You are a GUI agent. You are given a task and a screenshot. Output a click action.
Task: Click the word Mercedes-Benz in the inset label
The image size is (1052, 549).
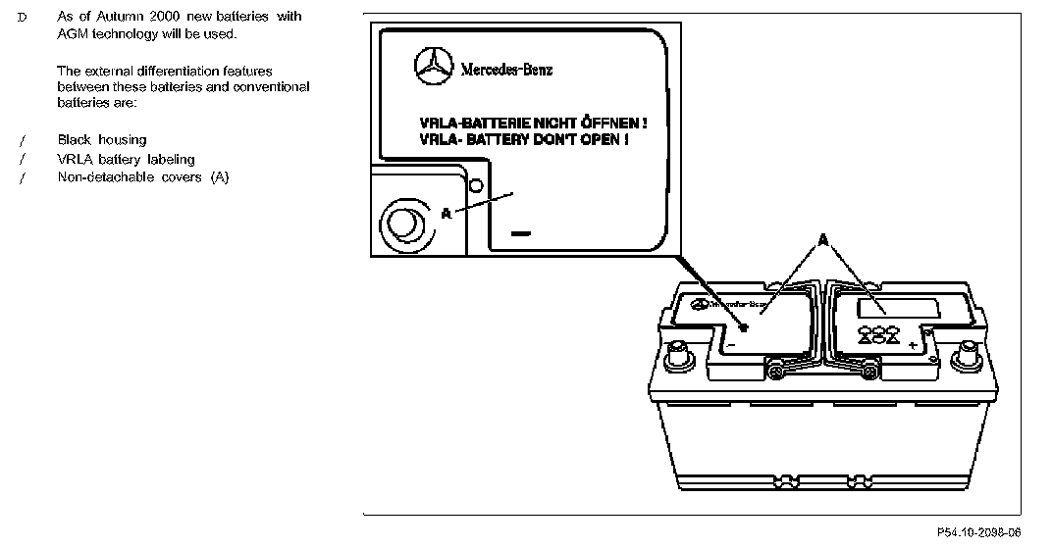pyautogui.click(x=505, y=70)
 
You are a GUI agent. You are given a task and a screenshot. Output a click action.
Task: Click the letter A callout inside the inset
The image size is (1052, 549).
pyautogui.click(x=447, y=212)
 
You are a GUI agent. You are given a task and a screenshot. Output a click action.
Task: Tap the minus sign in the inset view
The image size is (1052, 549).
pyautogui.click(x=520, y=234)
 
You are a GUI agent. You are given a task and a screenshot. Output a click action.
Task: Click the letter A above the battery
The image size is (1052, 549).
pyautogui.click(x=822, y=238)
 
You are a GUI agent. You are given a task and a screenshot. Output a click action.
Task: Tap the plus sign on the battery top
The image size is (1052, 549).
pyautogui.click(x=913, y=345)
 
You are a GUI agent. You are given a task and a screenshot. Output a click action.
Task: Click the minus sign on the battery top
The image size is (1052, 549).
pyautogui.click(x=732, y=345)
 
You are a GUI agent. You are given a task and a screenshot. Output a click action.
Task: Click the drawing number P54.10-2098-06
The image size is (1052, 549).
pyautogui.click(x=978, y=531)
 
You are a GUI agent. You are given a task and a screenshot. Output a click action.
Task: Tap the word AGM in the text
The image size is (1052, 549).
pyautogui.click(x=74, y=34)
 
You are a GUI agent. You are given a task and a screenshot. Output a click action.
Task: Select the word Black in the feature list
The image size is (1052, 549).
pyautogui.click(x=75, y=140)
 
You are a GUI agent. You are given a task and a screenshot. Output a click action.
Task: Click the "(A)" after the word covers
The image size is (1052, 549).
pyautogui.click(x=219, y=177)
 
